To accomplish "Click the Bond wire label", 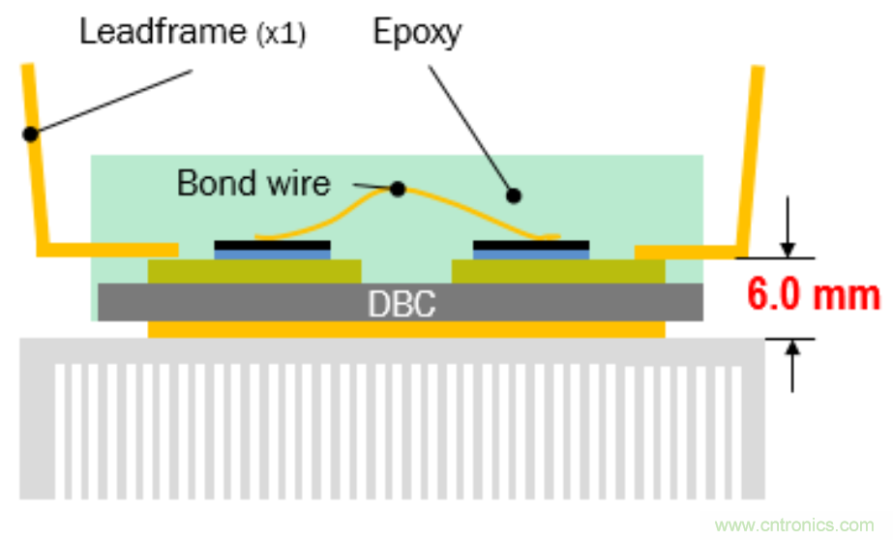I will click(253, 182).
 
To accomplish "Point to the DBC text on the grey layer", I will click(401, 303).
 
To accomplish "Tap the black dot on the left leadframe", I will click(31, 135).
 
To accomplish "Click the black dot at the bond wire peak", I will click(397, 189).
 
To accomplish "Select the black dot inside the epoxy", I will click(514, 196).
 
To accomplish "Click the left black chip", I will click(272, 244).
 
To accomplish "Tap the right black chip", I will click(530, 244).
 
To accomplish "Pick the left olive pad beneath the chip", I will click(253, 270).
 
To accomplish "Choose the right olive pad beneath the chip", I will click(558, 270).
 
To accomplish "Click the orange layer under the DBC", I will click(406, 329).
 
